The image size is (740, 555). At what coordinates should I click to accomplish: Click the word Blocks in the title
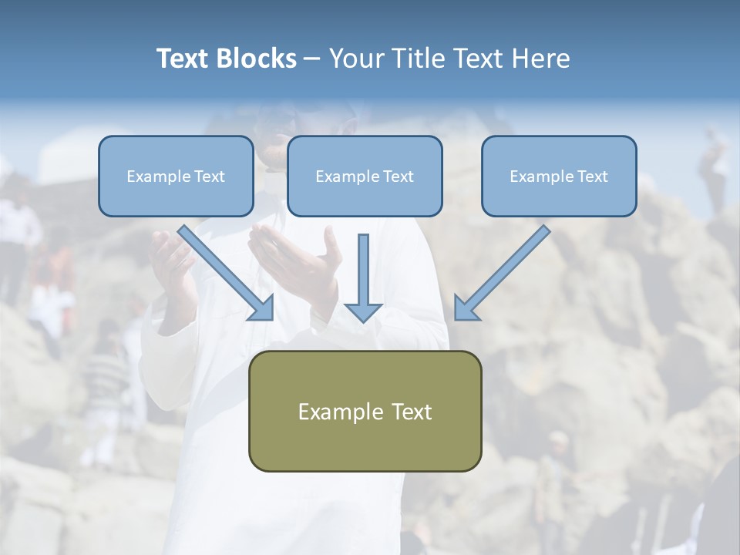(x=256, y=59)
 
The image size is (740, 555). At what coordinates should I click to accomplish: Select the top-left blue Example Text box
(x=176, y=177)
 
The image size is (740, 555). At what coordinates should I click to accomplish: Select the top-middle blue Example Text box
(x=365, y=177)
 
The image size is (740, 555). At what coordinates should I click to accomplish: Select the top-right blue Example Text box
(x=559, y=177)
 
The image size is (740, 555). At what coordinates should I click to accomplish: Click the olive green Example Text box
(x=365, y=411)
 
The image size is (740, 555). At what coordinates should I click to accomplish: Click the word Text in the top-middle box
(x=398, y=177)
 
